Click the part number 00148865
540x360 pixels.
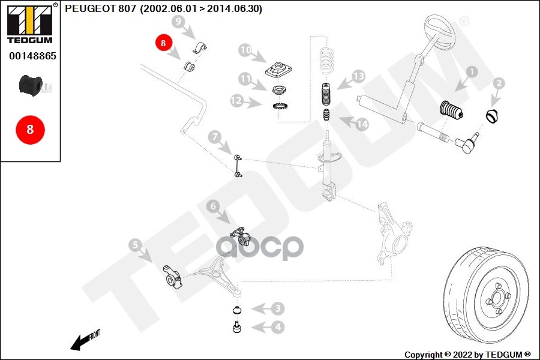[32, 56]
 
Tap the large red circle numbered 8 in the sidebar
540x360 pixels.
[31, 130]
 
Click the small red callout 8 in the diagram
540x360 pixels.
[163, 43]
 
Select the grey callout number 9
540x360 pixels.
[178, 22]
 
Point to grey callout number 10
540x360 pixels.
[245, 50]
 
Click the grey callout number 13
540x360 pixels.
[359, 76]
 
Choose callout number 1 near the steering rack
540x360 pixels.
[472, 71]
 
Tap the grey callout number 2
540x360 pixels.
[499, 83]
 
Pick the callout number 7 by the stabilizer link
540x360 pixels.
[215, 137]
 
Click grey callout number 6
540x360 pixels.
[213, 206]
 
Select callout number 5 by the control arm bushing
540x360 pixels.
[135, 245]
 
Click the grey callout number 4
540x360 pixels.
[278, 327]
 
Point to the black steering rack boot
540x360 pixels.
[451, 111]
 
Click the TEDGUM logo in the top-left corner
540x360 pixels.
[30, 23]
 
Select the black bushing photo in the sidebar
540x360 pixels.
[31, 85]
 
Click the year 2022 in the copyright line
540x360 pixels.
[462, 355]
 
